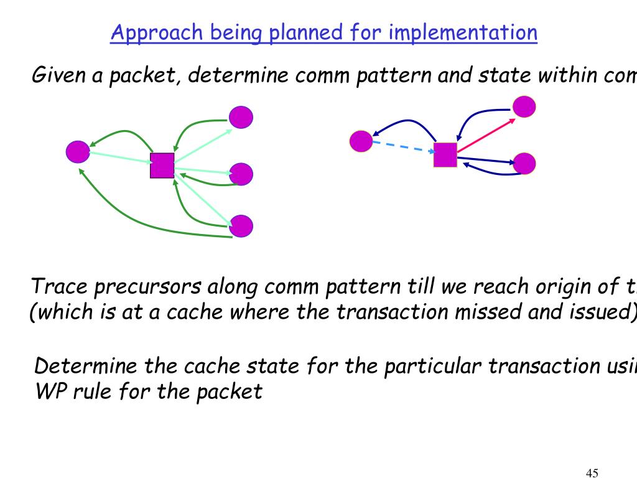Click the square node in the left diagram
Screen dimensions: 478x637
162,166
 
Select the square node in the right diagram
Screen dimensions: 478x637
445,154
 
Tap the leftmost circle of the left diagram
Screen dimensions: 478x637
78,152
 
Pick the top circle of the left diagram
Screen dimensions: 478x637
241,117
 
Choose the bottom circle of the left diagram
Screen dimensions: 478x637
241,225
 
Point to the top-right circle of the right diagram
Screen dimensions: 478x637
524,106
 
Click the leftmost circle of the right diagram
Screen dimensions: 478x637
361,141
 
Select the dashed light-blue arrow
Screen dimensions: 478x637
403,147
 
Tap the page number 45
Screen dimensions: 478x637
592,473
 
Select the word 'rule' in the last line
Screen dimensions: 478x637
89,392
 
